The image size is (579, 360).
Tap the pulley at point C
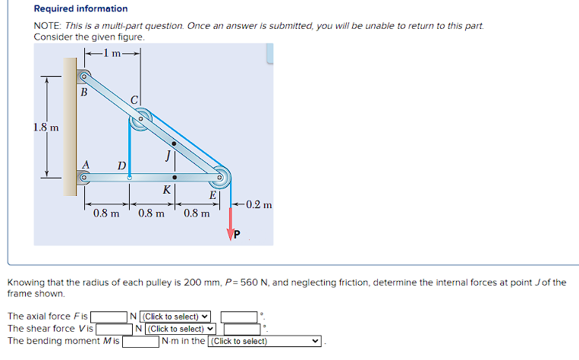pyautogui.click(x=140, y=119)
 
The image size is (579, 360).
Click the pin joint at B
pyautogui.click(x=84, y=77)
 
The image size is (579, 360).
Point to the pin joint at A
pyautogui.click(x=84, y=178)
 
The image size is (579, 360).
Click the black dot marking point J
pyautogui.click(x=175, y=144)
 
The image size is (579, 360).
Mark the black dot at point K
pyautogui.click(x=175, y=178)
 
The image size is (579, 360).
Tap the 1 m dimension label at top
pyautogui.click(x=112, y=52)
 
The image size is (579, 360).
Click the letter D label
pyautogui.click(x=121, y=166)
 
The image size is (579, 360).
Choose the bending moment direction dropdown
pyautogui.click(x=266, y=341)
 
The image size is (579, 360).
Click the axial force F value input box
pyautogui.click(x=108, y=317)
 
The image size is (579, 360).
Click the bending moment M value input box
pyautogui.click(x=140, y=341)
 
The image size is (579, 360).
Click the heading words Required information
pyautogui.click(x=81, y=9)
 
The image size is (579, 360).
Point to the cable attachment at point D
pyautogui.click(x=130, y=178)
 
